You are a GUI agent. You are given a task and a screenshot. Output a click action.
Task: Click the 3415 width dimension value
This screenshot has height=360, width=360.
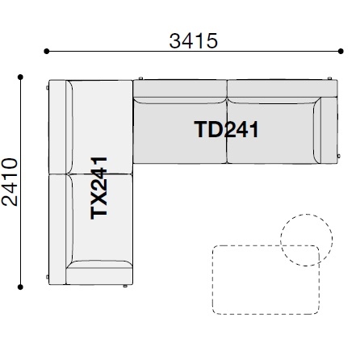(x=193, y=41)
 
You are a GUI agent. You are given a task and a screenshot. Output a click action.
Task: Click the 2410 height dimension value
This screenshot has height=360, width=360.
(x=10, y=182)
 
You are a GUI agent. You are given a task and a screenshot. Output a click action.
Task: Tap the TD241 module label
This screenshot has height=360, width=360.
(x=227, y=129)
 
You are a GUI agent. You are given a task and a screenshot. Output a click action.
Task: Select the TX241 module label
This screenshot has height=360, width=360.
(x=98, y=188)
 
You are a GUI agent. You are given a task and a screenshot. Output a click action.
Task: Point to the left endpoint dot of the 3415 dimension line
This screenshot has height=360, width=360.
(x=47, y=51)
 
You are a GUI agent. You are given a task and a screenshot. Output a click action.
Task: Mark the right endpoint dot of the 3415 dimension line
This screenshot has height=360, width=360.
(x=341, y=51)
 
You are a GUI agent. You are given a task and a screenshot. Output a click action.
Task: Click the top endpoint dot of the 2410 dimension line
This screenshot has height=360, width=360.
(x=20, y=77)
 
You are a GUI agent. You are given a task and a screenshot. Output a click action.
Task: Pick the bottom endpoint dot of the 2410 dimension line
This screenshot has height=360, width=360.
(x=20, y=287)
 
